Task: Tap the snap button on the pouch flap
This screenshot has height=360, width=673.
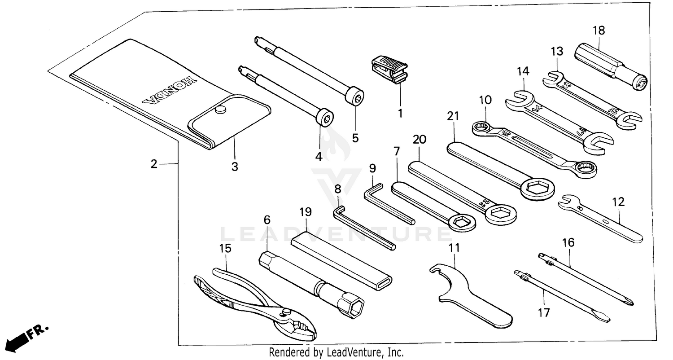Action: click(220, 110)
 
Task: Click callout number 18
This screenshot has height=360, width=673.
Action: click(599, 31)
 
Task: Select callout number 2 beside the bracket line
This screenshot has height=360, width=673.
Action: click(154, 164)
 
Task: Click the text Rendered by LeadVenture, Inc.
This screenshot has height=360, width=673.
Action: click(336, 353)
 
